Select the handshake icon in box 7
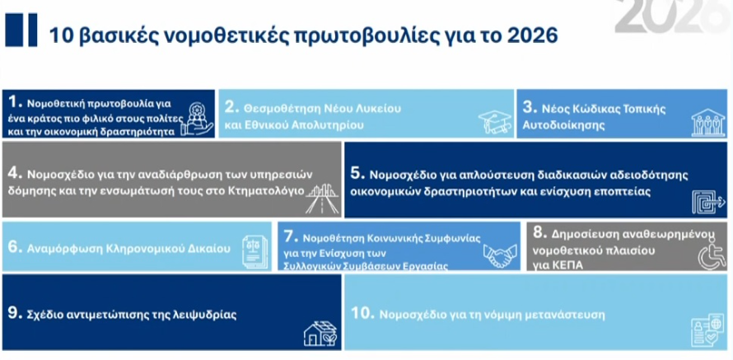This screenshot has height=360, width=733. pos(499,255)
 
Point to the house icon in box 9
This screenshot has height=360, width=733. pos(320,333)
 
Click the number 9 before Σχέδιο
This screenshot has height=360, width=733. pos(13,313)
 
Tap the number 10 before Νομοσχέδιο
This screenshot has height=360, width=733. pos(361,314)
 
